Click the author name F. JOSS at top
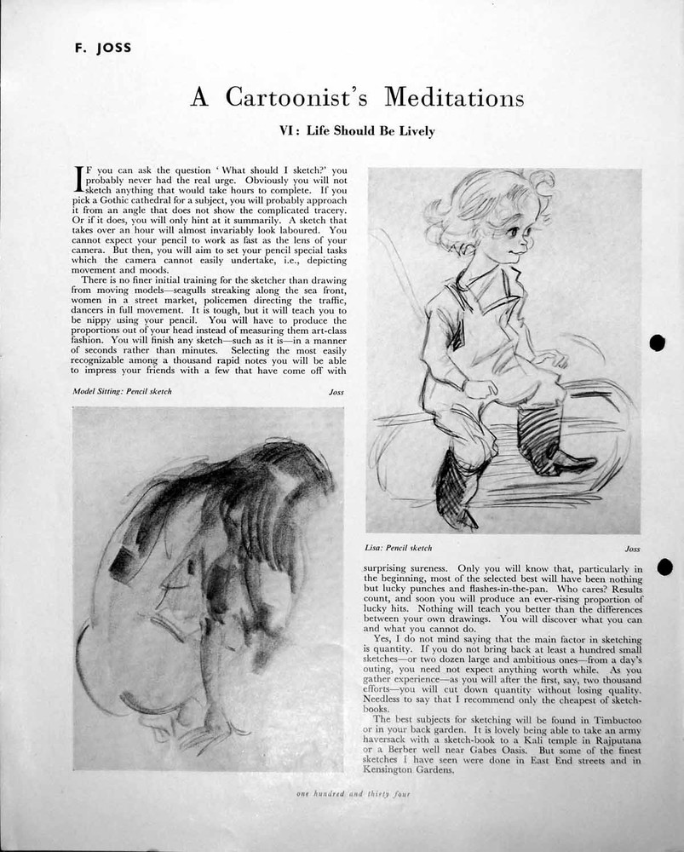(101, 48)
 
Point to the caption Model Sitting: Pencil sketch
(123, 391)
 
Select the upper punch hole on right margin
(657, 343)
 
